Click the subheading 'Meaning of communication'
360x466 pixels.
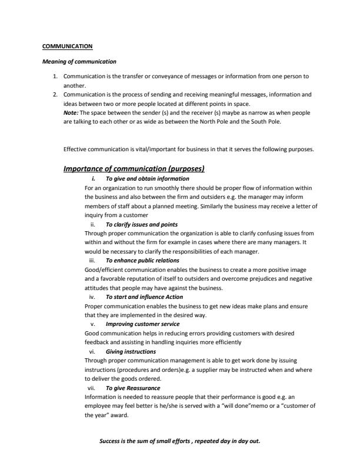[79, 61]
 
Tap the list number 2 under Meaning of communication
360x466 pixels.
[55, 94]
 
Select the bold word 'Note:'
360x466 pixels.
[71, 112]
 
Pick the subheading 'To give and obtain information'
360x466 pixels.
[147, 178]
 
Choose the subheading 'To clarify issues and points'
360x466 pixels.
[141, 225]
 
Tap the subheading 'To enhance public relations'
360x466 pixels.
[142, 260]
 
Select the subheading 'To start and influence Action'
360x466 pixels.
[144, 297]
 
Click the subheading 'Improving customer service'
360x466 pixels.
[142, 324]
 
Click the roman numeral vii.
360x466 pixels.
[91, 388]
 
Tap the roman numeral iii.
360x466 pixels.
[91, 260]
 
